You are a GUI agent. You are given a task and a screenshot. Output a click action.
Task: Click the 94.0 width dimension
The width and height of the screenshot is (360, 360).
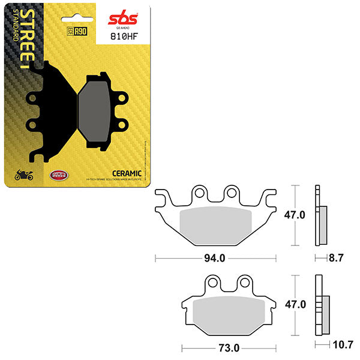click(216, 259)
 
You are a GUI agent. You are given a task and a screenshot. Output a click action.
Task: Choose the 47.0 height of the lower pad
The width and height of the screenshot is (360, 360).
click(293, 304)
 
